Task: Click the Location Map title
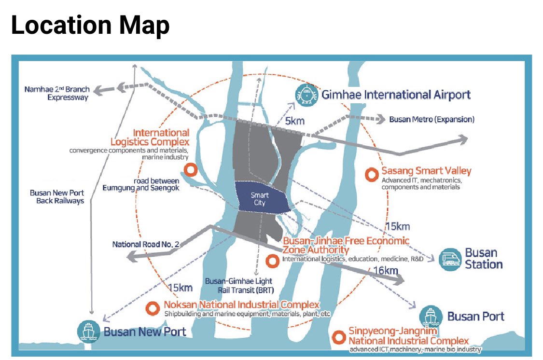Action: [90, 26]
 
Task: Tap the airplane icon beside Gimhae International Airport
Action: [306, 94]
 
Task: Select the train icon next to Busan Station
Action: [448, 259]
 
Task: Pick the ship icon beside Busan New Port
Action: [88, 332]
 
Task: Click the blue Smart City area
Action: [261, 199]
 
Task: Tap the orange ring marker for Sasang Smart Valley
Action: [371, 174]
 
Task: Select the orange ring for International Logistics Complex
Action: [191, 170]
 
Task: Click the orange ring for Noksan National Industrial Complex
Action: [153, 307]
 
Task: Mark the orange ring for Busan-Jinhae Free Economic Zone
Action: [272, 261]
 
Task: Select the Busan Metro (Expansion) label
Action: [432, 119]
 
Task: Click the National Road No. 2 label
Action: [145, 245]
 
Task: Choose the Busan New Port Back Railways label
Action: [56, 196]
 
